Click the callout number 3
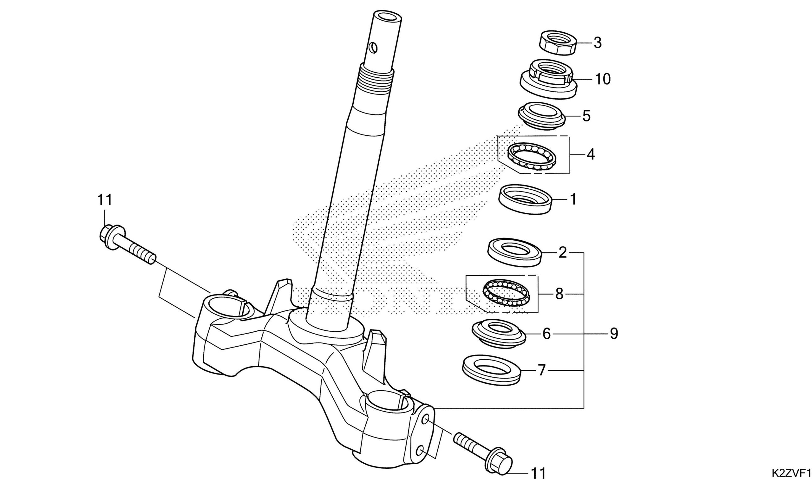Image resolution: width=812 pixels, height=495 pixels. point(598,43)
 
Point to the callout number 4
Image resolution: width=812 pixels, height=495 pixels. point(591,154)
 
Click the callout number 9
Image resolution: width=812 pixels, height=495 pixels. point(614,334)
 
